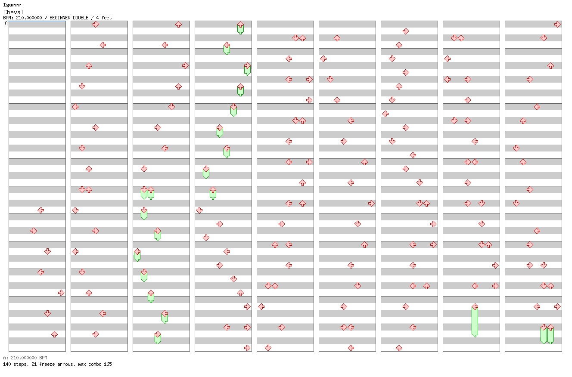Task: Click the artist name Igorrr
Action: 12,5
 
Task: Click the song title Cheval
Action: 13,12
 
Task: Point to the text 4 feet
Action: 103,18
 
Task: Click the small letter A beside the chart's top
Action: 6,23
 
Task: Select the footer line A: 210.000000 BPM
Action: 25,358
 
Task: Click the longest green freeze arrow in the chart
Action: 475,321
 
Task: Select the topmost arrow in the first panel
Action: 40,210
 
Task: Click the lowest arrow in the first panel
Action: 54,334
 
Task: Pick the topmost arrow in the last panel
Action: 557,24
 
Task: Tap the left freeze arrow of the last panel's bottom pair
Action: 544,334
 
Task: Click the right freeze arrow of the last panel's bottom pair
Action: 550,334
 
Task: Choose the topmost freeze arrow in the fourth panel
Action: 240,28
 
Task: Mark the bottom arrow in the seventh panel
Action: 399,348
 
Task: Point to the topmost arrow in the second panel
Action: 96,24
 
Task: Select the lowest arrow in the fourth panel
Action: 247,348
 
